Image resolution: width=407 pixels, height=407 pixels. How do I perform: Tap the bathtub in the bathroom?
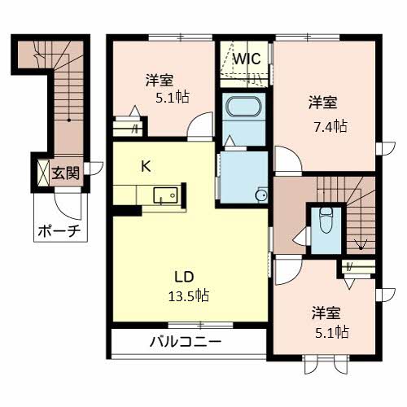coord(241,109)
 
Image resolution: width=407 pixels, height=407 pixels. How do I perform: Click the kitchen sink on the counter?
coord(167,195)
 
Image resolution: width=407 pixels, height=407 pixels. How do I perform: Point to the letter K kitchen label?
coord(146,167)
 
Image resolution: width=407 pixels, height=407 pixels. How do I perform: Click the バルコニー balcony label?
coord(185,342)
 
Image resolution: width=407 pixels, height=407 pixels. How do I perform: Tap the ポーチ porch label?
coord(58,232)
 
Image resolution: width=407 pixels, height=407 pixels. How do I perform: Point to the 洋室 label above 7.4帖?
coord(323,103)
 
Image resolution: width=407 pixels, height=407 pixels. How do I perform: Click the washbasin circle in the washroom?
coord(261,195)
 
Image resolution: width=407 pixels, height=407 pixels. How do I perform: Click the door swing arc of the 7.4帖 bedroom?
coord(285,160)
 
